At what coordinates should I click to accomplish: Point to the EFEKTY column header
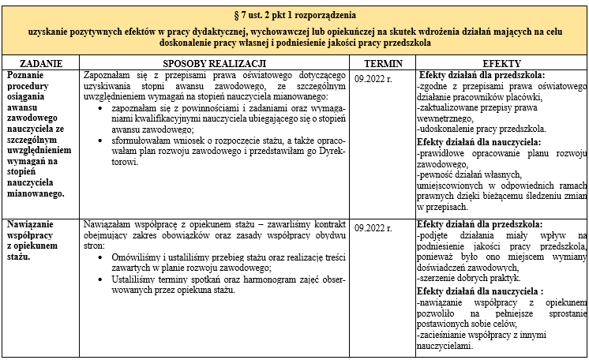point(501,62)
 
